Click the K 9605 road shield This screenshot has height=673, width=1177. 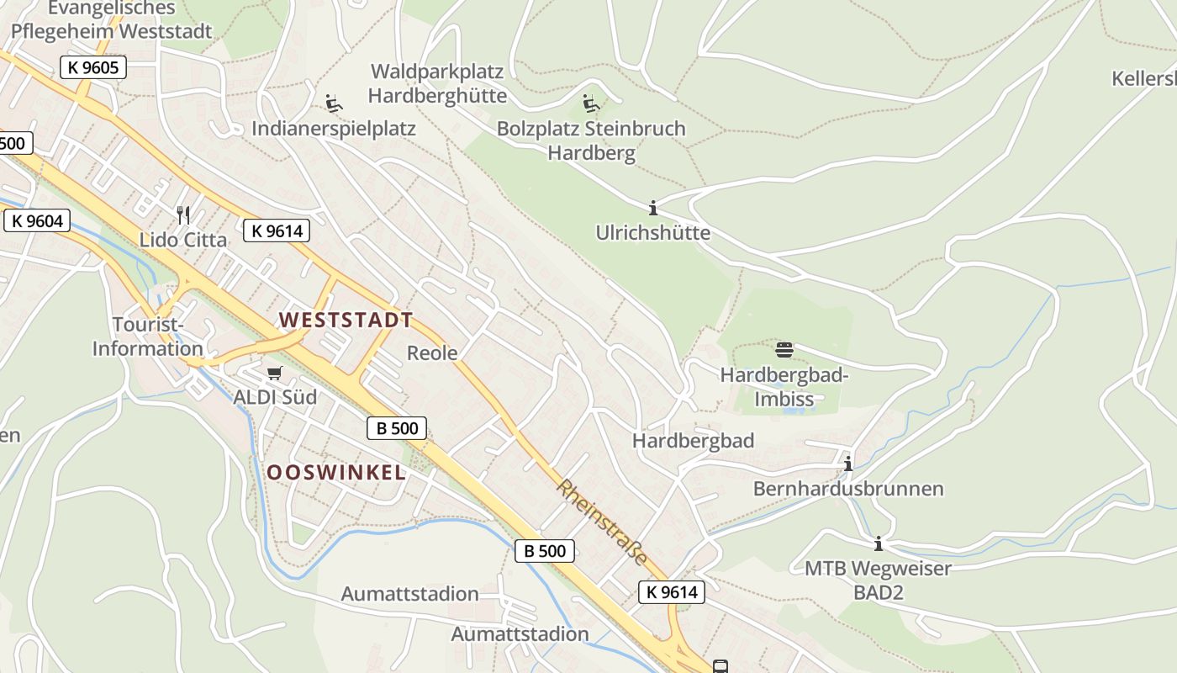(93, 67)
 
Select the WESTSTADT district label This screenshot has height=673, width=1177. (346, 321)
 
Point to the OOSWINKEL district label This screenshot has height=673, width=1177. (336, 473)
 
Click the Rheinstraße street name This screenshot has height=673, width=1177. (602, 522)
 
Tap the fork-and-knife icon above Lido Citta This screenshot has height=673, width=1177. (183, 215)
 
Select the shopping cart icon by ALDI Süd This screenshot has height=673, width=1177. (275, 373)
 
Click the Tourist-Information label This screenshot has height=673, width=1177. (147, 336)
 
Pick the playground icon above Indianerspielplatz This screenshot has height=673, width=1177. (334, 103)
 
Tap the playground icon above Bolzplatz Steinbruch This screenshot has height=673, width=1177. (591, 104)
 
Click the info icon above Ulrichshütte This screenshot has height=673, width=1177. (653, 208)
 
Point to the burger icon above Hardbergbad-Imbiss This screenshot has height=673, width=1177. (784, 349)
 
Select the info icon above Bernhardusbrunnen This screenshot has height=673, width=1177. (848, 464)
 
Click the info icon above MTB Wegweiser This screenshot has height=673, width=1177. (879, 544)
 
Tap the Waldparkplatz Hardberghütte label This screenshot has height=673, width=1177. (437, 83)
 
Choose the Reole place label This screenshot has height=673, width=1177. (432, 352)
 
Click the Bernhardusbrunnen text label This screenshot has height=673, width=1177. (848, 489)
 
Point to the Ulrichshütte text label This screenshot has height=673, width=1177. (653, 232)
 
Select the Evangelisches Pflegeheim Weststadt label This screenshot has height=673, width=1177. (112, 20)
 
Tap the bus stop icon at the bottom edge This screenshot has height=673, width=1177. (720, 666)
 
